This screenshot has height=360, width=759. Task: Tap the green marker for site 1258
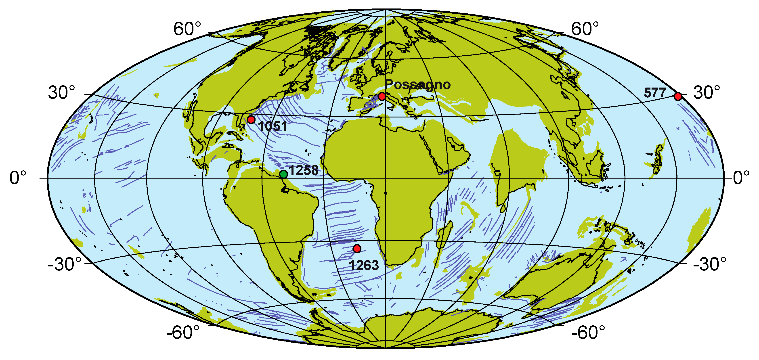[283, 174]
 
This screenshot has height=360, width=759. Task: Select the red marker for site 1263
[357, 249]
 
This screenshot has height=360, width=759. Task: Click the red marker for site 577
[678, 96]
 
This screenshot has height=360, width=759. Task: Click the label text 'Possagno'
[417, 85]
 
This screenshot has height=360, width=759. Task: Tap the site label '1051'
[273, 126]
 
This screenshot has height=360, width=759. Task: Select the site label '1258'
[304, 170]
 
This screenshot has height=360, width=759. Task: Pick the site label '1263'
[364, 266]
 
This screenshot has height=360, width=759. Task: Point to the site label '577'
[655, 93]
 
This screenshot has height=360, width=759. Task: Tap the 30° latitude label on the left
[62, 93]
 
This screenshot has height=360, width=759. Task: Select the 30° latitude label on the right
[707, 93]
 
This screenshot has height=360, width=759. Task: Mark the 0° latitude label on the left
[18, 178]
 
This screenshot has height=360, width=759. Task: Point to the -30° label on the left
[65, 264]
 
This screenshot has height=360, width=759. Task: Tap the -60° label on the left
[183, 333]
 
